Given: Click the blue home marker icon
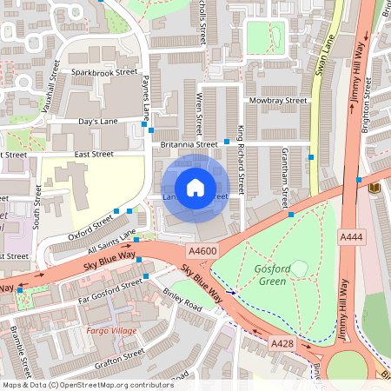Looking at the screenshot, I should pos(195,187).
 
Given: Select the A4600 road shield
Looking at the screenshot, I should pos(202,251).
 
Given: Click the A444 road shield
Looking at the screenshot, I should pos(351,236).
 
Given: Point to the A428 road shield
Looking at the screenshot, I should pos(281,345).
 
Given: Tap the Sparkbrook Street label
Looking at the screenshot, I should pos(105,72).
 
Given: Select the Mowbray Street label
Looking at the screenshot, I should pos(279,101).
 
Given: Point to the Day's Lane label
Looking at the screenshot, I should pos(97,123).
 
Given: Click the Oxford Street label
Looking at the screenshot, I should pos(90,223).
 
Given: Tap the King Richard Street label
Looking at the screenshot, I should pos(242,156).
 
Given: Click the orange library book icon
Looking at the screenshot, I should pos(374,188).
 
